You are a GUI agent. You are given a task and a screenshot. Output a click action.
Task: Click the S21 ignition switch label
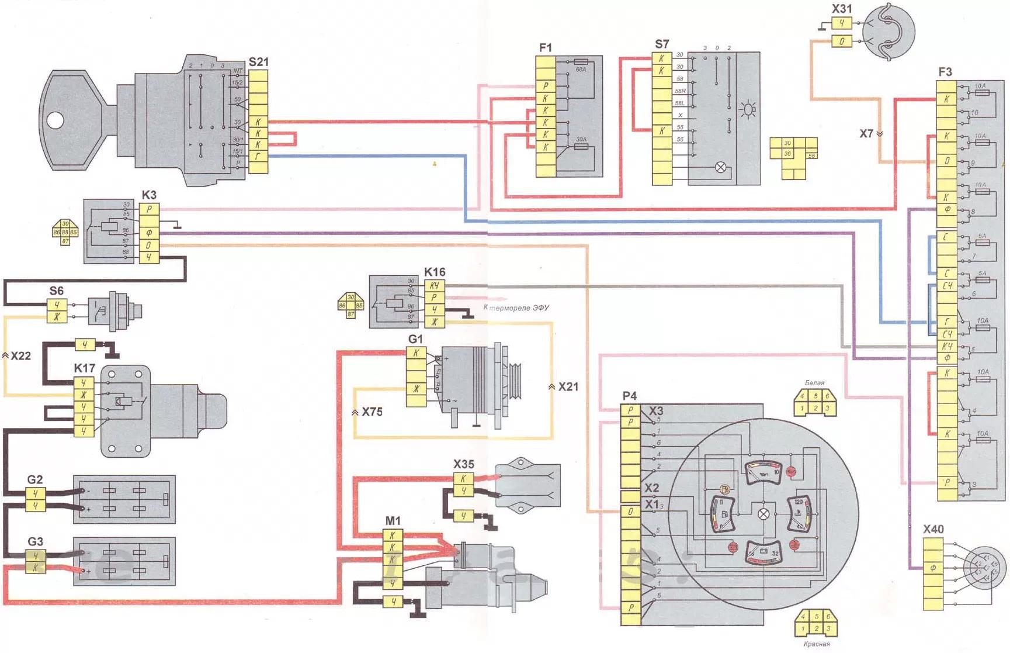click(258, 62)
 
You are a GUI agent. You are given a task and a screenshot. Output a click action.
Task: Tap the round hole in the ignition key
click(55, 120)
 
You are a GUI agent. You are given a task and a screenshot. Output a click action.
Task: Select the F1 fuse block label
click(545, 48)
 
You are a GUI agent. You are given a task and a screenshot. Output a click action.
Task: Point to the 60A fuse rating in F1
click(581, 70)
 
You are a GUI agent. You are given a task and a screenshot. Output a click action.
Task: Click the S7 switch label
click(661, 44)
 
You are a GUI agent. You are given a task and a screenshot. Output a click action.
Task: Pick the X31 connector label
click(841, 9)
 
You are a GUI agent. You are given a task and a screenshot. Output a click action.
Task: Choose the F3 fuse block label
click(945, 72)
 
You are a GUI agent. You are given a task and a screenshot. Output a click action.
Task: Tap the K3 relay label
click(149, 195)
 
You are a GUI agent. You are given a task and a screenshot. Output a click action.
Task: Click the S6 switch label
click(56, 291)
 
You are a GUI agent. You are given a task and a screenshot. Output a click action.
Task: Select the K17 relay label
click(84, 368)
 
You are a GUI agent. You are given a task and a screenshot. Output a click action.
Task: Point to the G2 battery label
click(35, 479)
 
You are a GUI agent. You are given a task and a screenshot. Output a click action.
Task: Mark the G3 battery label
click(35, 541)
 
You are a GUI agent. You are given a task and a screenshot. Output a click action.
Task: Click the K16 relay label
click(434, 272)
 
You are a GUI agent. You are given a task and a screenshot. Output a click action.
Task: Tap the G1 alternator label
click(415, 339)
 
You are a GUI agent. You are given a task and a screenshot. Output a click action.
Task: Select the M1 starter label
click(393, 521)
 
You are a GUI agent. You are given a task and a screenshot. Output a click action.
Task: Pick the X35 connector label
click(463, 464)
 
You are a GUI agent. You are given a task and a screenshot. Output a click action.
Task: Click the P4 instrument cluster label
click(629, 396)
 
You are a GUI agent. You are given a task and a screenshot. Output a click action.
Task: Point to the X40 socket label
click(933, 529)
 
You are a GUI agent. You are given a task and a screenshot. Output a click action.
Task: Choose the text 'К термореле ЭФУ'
click(516, 308)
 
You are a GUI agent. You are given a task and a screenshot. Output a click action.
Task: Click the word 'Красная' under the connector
click(816, 644)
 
